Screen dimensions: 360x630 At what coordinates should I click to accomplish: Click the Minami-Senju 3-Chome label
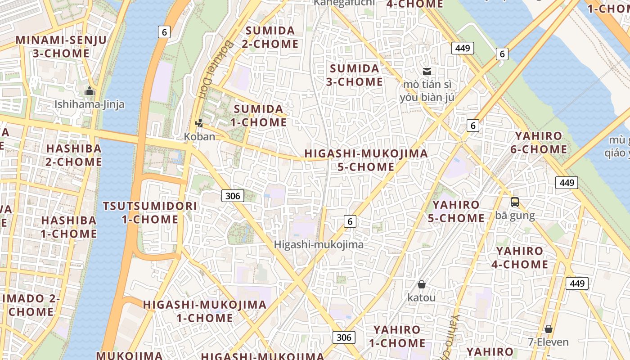[x=61, y=46]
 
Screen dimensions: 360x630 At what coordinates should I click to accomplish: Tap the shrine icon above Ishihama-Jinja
[x=90, y=91]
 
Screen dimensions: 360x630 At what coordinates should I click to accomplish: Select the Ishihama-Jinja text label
[x=90, y=104]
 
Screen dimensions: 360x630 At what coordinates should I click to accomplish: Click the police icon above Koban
[x=199, y=122]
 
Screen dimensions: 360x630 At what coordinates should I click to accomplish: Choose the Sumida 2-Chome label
[x=270, y=37]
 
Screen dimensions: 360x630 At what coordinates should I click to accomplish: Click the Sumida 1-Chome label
[x=258, y=115]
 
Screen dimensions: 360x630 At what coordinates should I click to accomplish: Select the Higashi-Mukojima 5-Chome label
[x=366, y=160]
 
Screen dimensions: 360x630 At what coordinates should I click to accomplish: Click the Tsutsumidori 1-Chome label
[x=150, y=212]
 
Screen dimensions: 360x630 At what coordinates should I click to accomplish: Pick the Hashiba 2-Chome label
[x=74, y=155]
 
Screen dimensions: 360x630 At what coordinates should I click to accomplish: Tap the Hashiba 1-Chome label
[x=69, y=227]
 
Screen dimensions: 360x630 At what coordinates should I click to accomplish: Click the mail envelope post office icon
[x=427, y=71]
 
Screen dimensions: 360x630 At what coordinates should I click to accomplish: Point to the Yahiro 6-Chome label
[x=539, y=142]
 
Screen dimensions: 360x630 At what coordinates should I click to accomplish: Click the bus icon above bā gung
[x=515, y=202]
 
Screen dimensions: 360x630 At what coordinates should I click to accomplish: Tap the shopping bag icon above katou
[x=422, y=284]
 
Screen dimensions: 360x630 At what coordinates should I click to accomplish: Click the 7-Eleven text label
[x=548, y=342]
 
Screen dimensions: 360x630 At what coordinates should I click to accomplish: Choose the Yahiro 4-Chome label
[x=520, y=257]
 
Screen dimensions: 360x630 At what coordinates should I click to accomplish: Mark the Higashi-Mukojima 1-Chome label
[x=205, y=311]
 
